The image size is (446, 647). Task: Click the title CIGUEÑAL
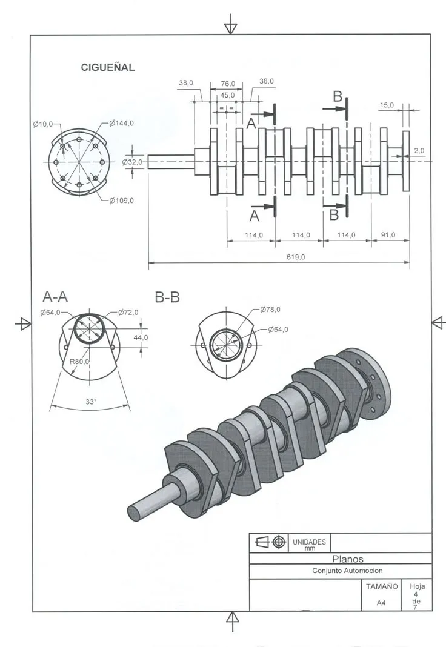(x=108, y=68)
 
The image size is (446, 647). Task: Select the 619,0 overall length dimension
(x=295, y=257)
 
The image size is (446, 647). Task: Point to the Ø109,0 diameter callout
(x=122, y=201)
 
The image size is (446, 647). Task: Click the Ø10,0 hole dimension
(x=43, y=124)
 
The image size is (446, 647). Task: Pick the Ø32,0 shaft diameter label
(x=132, y=162)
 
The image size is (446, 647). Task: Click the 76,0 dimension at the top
(x=228, y=84)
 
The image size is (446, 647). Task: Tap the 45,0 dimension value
(x=228, y=95)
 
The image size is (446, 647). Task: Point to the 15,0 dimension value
(x=387, y=105)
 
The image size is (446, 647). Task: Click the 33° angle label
(x=91, y=401)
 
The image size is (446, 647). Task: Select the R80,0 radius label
(x=79, y=362)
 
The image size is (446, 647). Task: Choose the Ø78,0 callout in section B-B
(x=270, y=310)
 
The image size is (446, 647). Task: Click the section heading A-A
(x=55, y=297)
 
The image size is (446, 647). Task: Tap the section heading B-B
(x=167, y=297)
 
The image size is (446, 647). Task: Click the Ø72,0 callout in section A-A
(x=128, y=313)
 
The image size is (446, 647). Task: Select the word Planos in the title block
(x=348, y=559)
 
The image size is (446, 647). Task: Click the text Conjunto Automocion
(x=347, y=571)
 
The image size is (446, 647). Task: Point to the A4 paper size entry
(x=381, y=603)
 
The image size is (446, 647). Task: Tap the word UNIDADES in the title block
(x=310, y=542)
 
